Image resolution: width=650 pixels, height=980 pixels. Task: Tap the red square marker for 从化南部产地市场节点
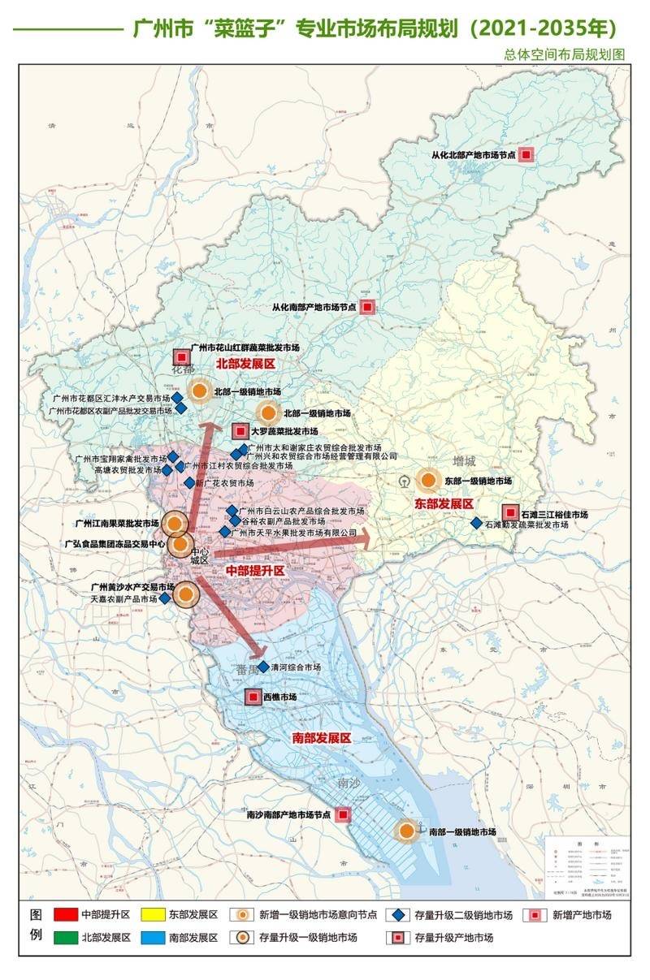coord(367,307)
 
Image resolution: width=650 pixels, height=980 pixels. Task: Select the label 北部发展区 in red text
coord(246,365)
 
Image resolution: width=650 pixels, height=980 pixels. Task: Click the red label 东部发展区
coord(444,503)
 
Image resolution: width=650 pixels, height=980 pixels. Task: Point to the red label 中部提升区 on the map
coord(255,572)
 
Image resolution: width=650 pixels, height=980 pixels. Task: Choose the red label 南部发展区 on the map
coord(321,738)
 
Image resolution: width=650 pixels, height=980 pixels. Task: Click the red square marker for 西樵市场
coord(253,697)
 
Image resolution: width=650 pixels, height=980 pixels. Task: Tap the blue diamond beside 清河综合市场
coord(262,667)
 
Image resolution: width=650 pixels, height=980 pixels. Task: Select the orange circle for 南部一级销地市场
coord(406,831)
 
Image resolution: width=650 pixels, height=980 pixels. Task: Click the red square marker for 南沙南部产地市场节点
coord(343,814)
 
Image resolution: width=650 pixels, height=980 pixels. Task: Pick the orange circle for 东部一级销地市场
coord(427,481)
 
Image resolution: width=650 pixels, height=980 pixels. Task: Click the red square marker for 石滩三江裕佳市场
coord(509,513)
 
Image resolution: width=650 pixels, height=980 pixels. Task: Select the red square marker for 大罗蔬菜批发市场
coord(240,431)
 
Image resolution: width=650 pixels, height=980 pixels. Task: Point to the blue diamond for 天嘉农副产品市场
coord(165,598)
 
